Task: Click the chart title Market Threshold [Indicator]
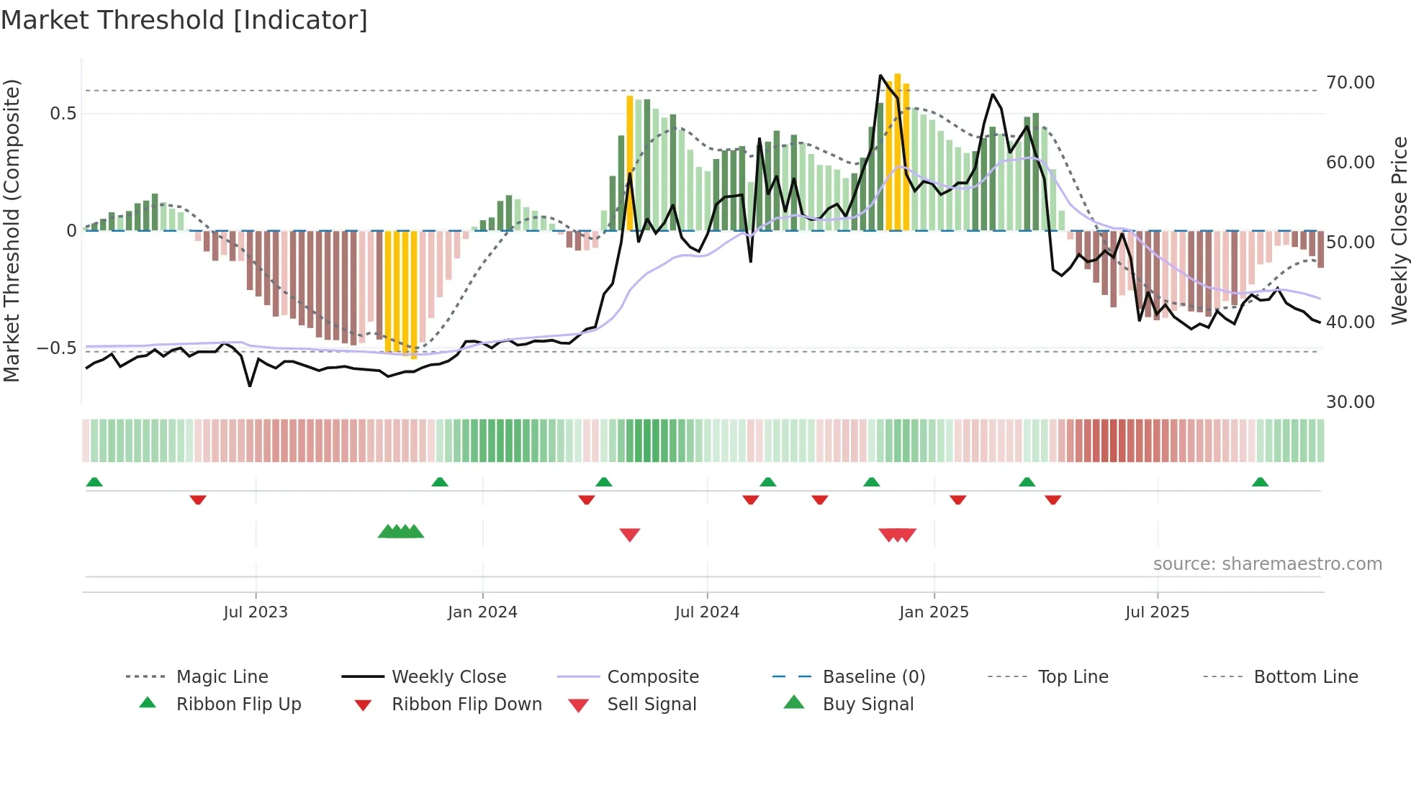(x=184, y=20)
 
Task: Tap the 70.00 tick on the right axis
(x=1350, y=83)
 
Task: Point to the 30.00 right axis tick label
(x=1350, y=402)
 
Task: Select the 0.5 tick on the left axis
(x=63, y=114)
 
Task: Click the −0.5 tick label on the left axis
(x=57, y=348)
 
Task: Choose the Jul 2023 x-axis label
(x=256, y=612)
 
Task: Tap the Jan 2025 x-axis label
(x=934, y=612)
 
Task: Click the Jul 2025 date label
(x=1157, y=612)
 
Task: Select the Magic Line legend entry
(x=222, y=677)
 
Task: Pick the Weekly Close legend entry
(x=448, y=677)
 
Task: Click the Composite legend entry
(x=653, y=677)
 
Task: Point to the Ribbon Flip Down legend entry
(x=466, y=704)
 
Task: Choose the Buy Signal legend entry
(x=868, y=704)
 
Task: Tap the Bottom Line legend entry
(x=1305, y=677)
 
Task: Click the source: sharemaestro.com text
(x=1267, y=564)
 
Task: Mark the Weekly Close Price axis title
(x=1399, y=230)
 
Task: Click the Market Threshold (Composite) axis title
(x=12, y=230)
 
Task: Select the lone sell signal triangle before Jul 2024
(x=630, y=535)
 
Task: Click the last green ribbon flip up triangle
(x=1260, y=482)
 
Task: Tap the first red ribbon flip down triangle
(x=198, y=499)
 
